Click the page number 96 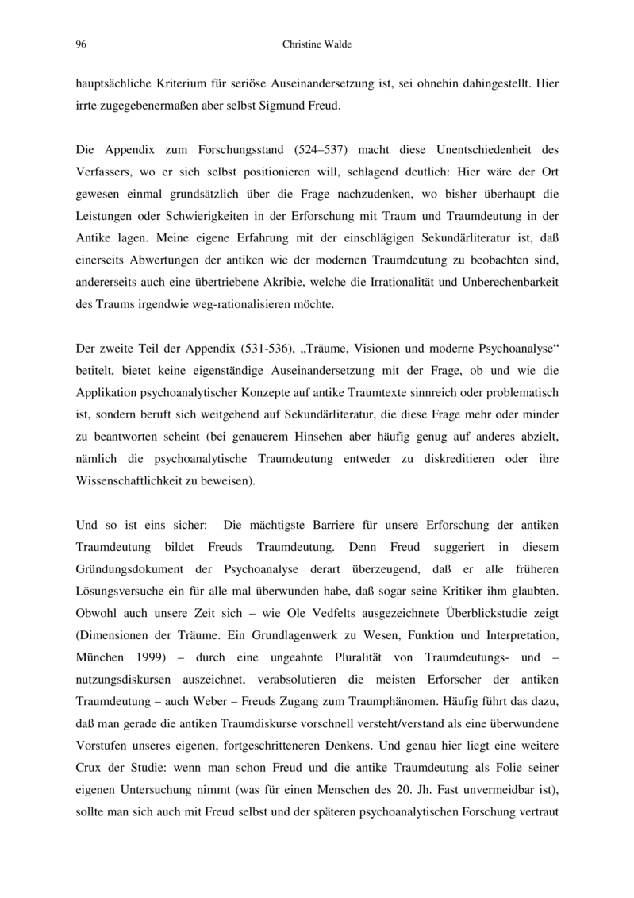pos(80,45)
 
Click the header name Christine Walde pos(317,45)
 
